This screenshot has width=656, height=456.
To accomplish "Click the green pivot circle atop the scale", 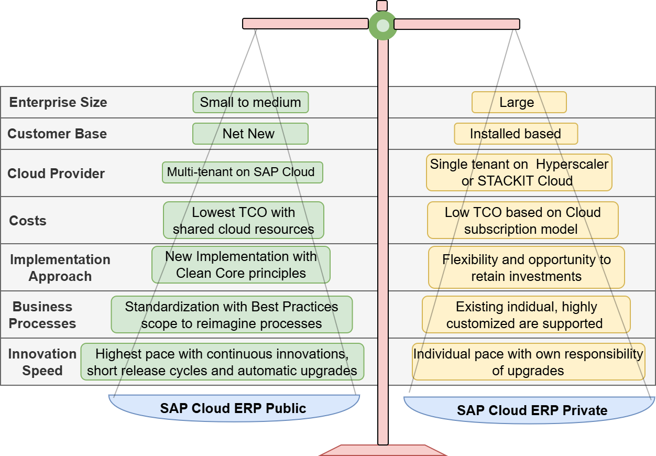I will [x=383, y=25].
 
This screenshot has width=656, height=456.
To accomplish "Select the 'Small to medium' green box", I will [x=250, y=102].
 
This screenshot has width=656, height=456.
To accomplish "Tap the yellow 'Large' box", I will [x=519, y=102].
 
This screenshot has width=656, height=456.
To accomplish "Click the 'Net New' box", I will [x=250, y=134].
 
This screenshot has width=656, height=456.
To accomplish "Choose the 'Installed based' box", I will [x=516, y=134].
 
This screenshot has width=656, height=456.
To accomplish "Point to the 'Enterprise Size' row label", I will [x=58, y=102].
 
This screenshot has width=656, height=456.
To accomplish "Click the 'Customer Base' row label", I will [x=57, y=134].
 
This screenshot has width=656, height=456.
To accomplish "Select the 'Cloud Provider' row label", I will [x=56, y=173].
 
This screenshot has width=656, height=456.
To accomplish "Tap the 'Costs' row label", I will [x=28, y=221].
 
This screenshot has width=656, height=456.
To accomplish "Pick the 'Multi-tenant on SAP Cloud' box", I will [x=242, y=172].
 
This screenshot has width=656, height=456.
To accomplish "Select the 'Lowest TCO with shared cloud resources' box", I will [x=244, y=220].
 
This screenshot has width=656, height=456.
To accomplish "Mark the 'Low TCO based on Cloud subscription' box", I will [x=522, y=220].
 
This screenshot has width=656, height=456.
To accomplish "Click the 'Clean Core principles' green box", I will [x=241, y=265].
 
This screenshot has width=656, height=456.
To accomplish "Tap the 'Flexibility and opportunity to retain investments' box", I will [x=526, y=267].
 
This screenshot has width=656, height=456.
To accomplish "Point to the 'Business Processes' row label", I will [x=42, y=315].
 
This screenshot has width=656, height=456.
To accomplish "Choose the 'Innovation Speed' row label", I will [x=42, y=362].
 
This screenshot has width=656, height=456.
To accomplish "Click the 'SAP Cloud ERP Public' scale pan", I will [x=234, y=408].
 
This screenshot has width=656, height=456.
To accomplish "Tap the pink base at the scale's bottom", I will [x=383, y=450].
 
